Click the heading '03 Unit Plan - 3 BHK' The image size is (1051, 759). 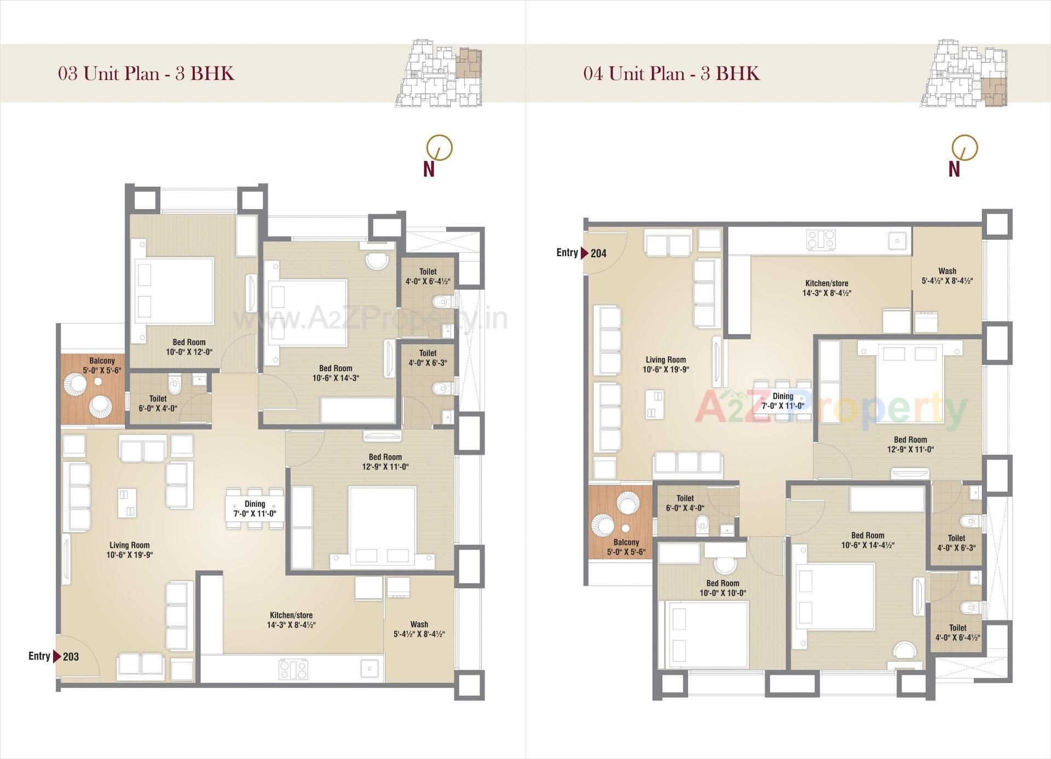point(146,73)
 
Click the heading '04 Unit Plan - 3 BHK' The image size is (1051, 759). point(671,73)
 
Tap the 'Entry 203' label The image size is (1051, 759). point(54,656)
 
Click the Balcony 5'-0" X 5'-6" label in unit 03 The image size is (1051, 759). point(102,366)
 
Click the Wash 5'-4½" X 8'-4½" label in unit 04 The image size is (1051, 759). point(947,276)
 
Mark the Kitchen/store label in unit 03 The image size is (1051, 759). point(291,620)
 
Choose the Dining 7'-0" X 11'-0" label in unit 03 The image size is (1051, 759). point(255,508)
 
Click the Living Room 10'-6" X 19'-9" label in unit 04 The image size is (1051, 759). point(666,364)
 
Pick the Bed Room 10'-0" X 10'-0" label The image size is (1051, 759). point(723,588)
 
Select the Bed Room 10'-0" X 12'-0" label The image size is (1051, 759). point(189,347)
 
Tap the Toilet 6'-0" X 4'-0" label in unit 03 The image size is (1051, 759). point(158,403)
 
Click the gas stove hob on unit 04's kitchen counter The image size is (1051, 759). point(821,239)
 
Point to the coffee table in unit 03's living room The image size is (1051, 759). point(126,502)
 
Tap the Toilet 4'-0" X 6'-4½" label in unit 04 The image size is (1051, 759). point(957,633)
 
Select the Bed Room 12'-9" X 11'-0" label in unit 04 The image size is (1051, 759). point(910,444)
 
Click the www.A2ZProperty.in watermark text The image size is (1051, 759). point(370,319)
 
